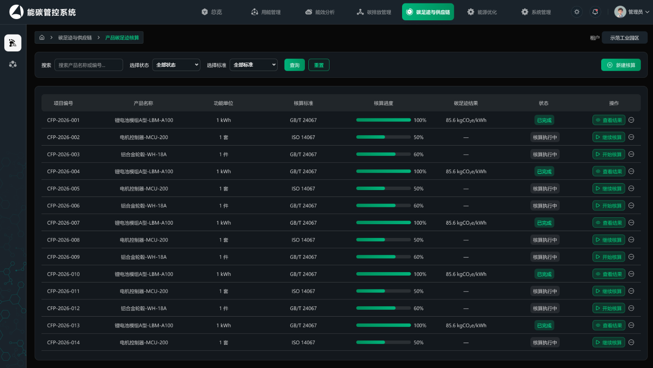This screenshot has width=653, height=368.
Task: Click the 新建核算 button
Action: point(621,65)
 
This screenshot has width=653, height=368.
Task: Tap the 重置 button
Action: point(319,65)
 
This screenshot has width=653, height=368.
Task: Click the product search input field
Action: point(89,65)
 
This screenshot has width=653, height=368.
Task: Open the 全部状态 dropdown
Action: point(176,65)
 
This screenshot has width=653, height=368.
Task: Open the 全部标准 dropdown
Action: point(254,65)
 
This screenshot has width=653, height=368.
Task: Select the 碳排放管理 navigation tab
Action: point(374,12)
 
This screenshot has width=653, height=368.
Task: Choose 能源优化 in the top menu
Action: point(482,12)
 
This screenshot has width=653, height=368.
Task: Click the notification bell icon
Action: point(595,12)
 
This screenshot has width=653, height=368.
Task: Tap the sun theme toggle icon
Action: point(577,12)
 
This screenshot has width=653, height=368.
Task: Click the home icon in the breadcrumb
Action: point(42,37)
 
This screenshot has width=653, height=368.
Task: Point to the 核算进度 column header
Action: point(384,103)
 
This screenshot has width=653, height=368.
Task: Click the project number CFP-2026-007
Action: point(63,223)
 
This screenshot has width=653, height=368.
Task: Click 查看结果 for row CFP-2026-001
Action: point(609,120)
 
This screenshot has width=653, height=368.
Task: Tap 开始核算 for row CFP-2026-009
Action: point(609,257)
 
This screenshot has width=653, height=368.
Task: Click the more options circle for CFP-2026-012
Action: point(631,308)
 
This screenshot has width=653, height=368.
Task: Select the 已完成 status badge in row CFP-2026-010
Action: point(544,274)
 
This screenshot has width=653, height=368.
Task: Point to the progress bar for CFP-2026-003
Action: point(384,154)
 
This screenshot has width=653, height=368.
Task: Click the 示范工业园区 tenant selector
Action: point(624,38)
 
